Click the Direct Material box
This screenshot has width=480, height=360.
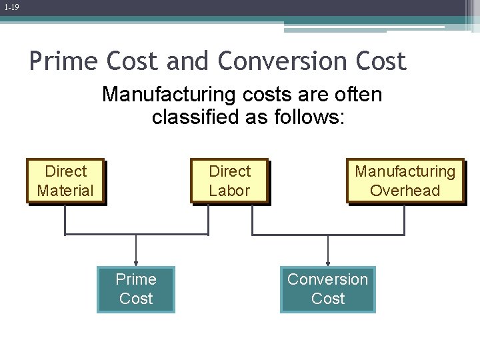click(x=65, y=181)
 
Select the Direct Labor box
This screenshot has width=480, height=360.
click(x=229, y=181)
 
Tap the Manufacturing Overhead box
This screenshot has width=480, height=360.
click(x=405, y=181)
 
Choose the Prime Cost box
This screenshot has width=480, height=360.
click(x=136, y=289)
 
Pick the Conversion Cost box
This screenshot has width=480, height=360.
click(x=327, y=289)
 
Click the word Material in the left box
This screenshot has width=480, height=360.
click(x=65, y=191)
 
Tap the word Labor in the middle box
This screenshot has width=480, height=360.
click(x=229, y=191)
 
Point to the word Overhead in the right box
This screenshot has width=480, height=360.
click(x=405, y=191)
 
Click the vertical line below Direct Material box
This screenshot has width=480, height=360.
click(x=65, y=219)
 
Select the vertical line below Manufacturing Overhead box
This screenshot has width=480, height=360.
click(x=404, y=219)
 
